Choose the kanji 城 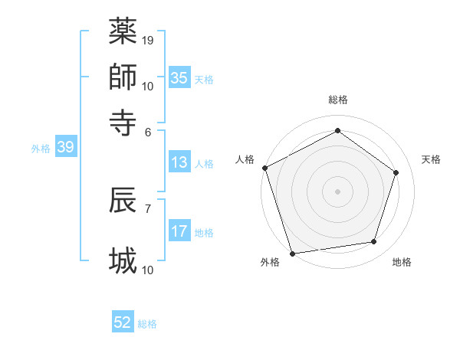[x=123, y=260]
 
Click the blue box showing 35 [x=179, y=77]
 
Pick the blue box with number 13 [x=179, y=162]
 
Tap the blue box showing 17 [x=179, y=231]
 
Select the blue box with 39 [x=65, y=147]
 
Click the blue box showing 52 [x=123, y=322]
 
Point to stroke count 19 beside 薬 [x=148, y=40]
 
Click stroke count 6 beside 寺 [x=149, y=131]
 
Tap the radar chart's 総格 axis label [x=337, y=100]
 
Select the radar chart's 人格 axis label [x=245, y=159]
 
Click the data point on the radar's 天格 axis [x=396, y=172]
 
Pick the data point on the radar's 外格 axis [x=293, y=254]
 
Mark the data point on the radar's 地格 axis [x=374, y=242]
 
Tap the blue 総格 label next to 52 [x=147, y=324]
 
